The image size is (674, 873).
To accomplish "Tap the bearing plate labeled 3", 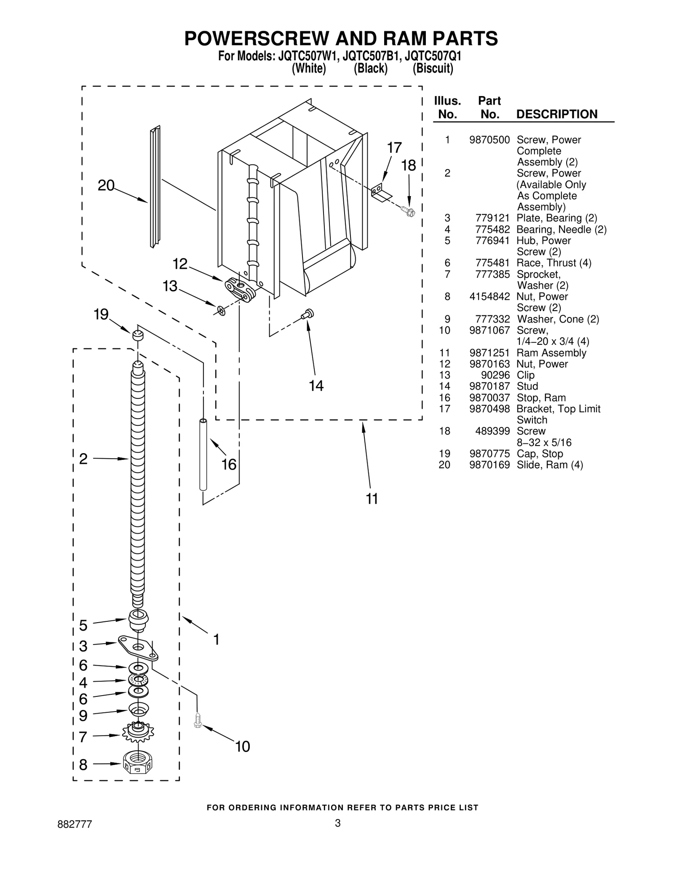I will pos(138,648).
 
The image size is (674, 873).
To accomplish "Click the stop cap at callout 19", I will pos(137,336).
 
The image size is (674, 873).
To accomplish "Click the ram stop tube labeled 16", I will pos(203,454).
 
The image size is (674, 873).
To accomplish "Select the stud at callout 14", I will pos(308,314).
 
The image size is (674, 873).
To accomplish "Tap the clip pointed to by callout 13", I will pos(221,311).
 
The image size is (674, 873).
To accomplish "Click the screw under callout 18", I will pos(408,210).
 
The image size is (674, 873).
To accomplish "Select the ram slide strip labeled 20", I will pos(155,188).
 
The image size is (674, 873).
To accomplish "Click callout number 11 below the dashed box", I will pos(372,499).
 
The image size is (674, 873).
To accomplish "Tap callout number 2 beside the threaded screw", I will pos(83,459).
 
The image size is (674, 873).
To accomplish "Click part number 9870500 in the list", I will pos(489,140).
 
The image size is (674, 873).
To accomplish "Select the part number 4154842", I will pos(489,297).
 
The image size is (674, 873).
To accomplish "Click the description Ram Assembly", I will pos(551,353).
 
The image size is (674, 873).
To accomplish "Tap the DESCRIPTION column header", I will pos(556,114).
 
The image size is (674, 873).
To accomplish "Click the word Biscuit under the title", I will pos(433,68).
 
